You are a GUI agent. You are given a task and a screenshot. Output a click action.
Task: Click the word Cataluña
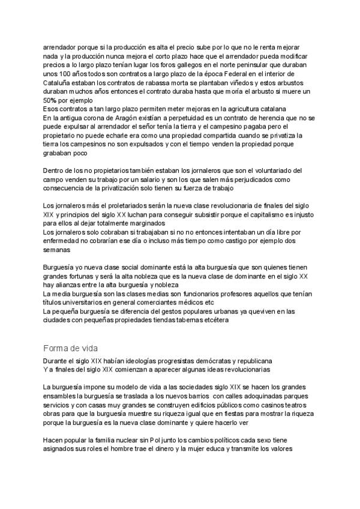pyautogui.click(x=58, y=82)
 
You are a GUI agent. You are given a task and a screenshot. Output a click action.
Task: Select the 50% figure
pyautogui.click(x=50, y=100)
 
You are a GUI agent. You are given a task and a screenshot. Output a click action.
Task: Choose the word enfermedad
pyautogui.click(x=64, y=241)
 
